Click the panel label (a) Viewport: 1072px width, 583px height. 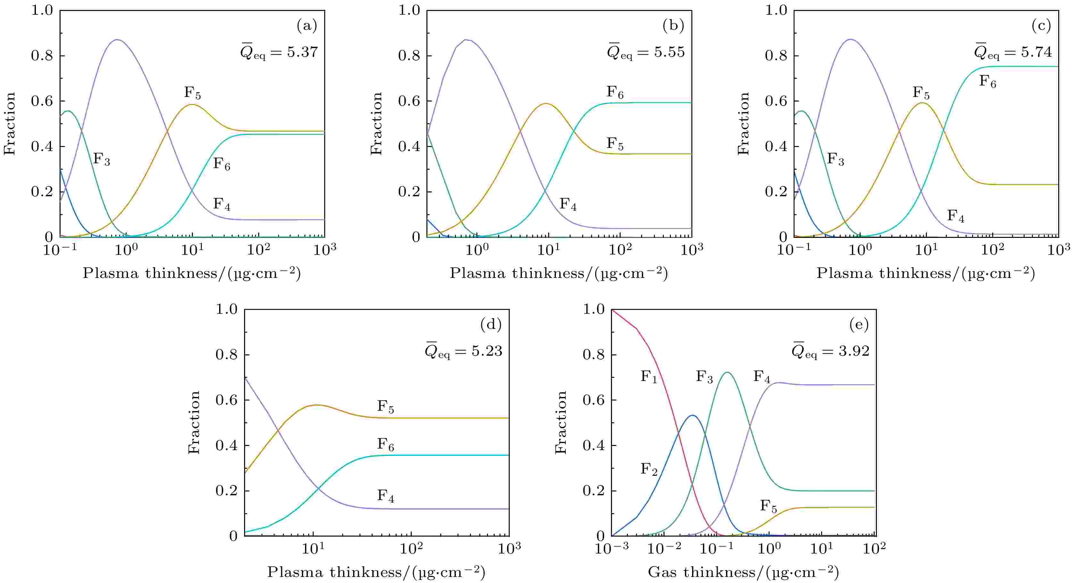click(x=307, y=26)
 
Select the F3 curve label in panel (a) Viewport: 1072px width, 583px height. click(x=101, y=159)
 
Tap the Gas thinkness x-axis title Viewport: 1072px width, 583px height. click(x=743, y=573)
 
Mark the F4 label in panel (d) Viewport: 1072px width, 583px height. click(x=385, y=496)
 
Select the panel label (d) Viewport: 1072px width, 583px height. click(x=491, y=325)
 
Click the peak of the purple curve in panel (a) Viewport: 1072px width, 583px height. click(x=117, y=40)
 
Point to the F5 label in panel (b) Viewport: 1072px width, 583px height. click(x=615, y=144)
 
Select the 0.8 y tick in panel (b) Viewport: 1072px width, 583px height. click(x=409, y=56)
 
